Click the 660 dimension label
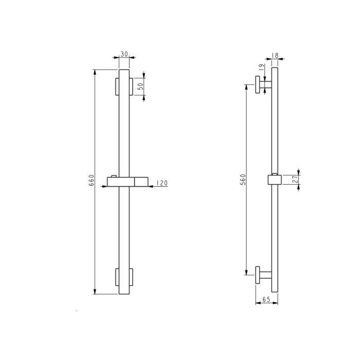(92, 180)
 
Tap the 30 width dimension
(124, 54)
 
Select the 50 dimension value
(140, 86)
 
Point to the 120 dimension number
(162, 183)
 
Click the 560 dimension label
(243, 179)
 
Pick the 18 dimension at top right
(275, 56)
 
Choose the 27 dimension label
(295, 179)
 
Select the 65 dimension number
(266, 299)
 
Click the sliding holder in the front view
(128, 182)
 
